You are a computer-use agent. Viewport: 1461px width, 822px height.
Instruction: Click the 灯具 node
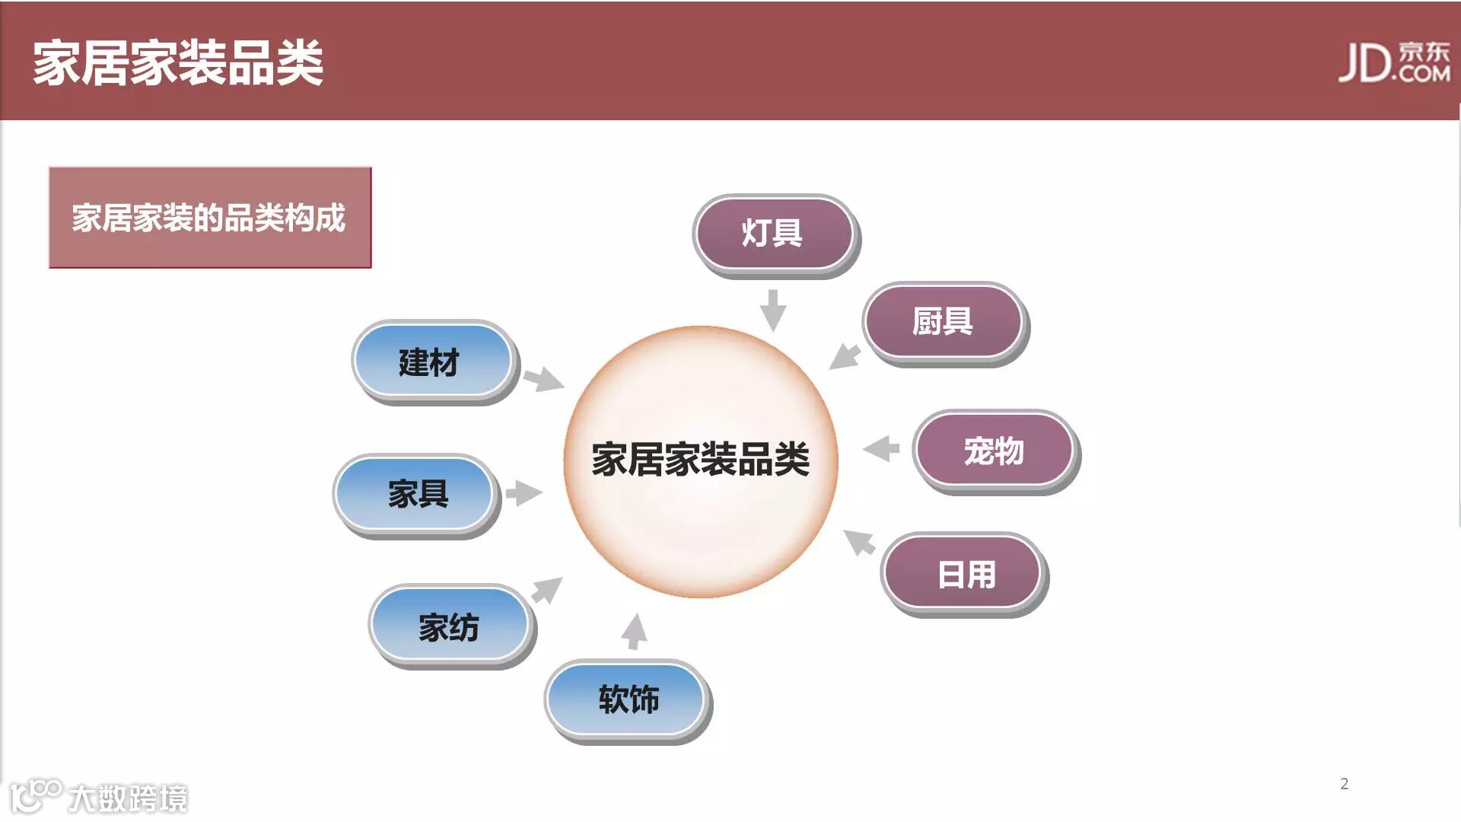[773, 234]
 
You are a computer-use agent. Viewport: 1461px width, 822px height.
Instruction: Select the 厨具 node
[943, 322]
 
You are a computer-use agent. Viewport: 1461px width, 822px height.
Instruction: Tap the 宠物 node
[994, 451]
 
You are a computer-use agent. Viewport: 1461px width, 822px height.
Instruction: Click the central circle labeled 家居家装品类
[700, 461]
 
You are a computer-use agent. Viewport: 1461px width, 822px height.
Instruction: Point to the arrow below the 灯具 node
[773, 309]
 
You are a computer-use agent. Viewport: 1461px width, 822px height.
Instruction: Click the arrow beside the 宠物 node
[882, 448]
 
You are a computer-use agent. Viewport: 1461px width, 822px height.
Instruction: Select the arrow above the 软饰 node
[634, 632]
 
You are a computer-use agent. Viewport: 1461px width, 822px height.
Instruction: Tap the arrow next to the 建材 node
[543, 378]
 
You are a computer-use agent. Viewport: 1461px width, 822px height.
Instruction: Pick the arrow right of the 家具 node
[523, 493]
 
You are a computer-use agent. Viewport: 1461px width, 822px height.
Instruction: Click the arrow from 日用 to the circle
[860, 542]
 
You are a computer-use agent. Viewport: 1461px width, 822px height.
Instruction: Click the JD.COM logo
[1394, 62]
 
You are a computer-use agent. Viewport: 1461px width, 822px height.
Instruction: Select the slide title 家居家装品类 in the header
[178, 62]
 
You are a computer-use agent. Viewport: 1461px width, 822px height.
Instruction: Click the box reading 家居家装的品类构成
[209, 218]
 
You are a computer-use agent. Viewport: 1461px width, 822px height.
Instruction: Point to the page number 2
[1345, 784]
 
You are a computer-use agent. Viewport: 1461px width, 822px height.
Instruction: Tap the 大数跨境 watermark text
[127, 798]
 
